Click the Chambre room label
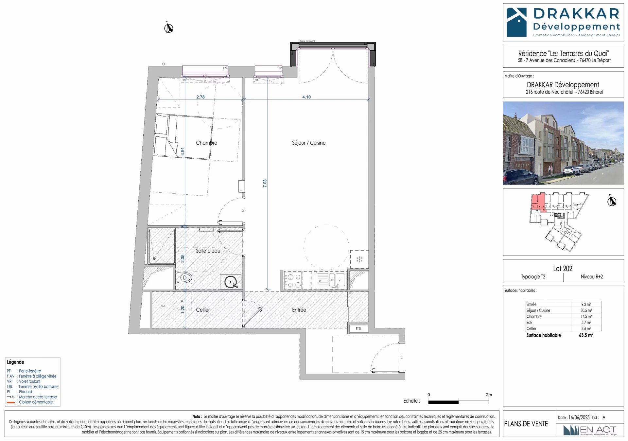click(x=206, y=143)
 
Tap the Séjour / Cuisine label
click(x=308, y=143)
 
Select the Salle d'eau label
click(x=208, y=251)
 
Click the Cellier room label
click(x=203, y=310)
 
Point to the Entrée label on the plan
click(x=299, y=310)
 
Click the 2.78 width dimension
click(x=201, y=97)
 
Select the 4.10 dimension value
click(x=306, y=97)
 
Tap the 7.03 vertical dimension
click(x=265, y=183)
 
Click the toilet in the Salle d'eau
click(x=184, y=278)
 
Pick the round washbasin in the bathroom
click(x=231, y=282)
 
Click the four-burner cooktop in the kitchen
click(x=293, y=281)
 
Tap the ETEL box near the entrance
click(x=359, y=328)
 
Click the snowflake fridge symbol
click(x=359, y=260)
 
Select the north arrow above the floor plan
click(x=168, y=28)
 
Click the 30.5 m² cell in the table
click(x=586, y=310)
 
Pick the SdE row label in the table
click(x=529, y=323)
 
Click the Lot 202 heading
click(x=563, y=269)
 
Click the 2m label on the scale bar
click(x=489, y=395)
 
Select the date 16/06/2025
click(x=579, y=417)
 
